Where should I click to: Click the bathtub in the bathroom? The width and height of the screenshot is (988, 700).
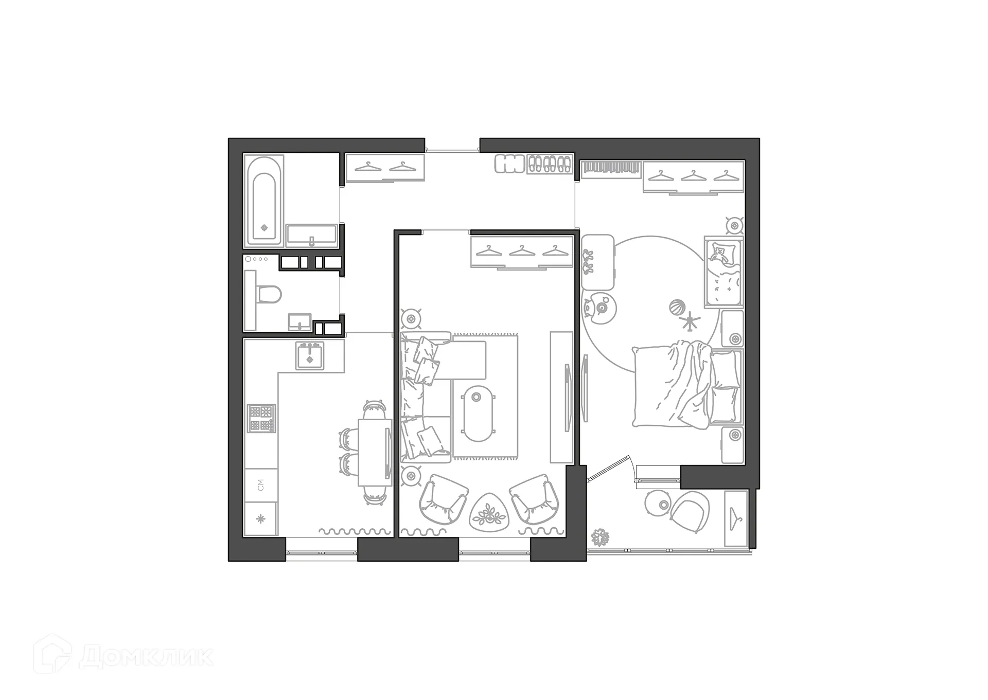(x=264, y=201)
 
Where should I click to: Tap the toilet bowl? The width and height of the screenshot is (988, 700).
(x=270, y=295)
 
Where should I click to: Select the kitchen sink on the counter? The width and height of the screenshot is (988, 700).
(x=310, y=356)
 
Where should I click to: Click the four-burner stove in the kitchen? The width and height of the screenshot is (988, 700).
(x=261, y=418)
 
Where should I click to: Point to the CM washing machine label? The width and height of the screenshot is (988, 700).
(x=261, y=484)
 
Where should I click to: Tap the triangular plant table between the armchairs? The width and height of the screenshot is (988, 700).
(x=489, y=512)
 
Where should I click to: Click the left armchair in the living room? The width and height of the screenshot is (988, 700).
(x=444, y=499)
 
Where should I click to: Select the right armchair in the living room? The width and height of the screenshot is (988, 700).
(x=534, y=499)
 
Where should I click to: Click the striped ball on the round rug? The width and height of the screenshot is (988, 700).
(x=677, y=308)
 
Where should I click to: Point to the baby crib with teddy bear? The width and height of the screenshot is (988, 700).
(x=724, y=273)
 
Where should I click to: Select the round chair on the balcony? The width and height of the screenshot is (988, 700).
(x=690, y=511)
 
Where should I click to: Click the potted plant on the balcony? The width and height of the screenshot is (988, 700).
(x=600, y=537)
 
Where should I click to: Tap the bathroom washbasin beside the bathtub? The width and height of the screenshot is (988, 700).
(x=311, y=236)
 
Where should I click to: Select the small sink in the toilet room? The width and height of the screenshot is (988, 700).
(x=299, y=322)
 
